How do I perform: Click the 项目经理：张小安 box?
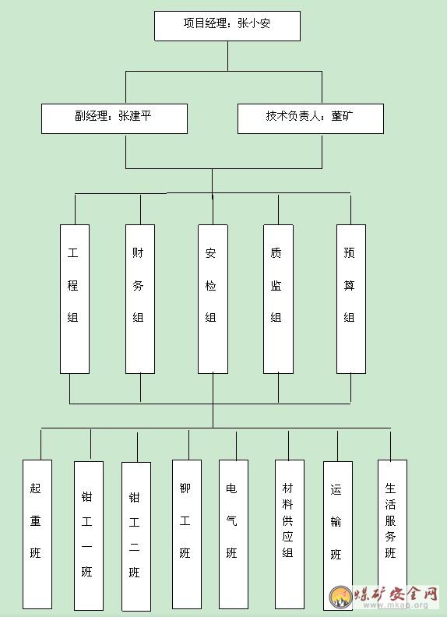point(227,26)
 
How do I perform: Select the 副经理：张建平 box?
point(114,119)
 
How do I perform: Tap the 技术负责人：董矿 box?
point(311,119)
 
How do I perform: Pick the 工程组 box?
point(75,299)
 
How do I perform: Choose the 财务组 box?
point(140,299)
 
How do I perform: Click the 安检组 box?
point(213,299)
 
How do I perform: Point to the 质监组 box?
point(278,299)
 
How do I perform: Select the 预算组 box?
point(351,299)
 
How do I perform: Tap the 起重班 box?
point(37,534)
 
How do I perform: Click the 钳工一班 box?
point(89,536)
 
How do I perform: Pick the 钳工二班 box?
point(136,537)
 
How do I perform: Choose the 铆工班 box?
point(187,534)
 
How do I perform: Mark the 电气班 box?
point(234,534)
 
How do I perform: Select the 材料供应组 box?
point(290,534)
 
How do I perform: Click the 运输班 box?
point(338,536)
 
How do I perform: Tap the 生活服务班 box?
point(392,527)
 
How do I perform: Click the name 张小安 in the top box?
point(254,23)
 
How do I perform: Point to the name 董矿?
point(342,115)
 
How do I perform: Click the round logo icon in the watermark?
point(341,598)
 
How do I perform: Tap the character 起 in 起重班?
point(35,488)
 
